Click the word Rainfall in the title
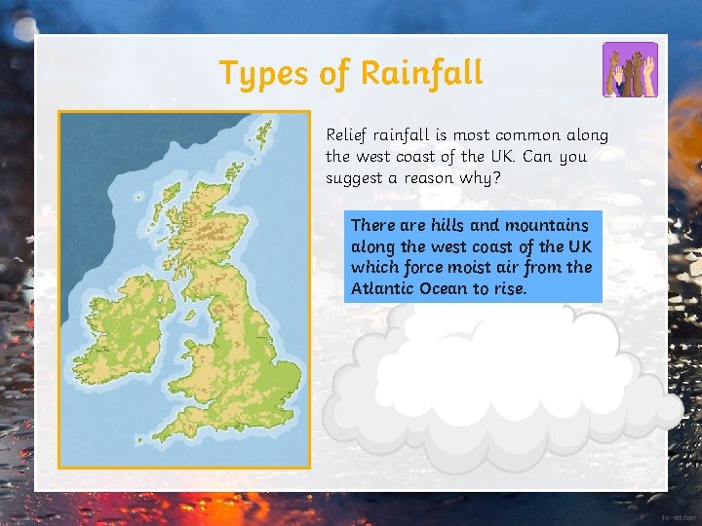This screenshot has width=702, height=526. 421,72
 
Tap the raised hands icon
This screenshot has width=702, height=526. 630,70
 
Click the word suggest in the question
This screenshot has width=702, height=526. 355,178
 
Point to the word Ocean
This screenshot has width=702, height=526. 447,289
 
